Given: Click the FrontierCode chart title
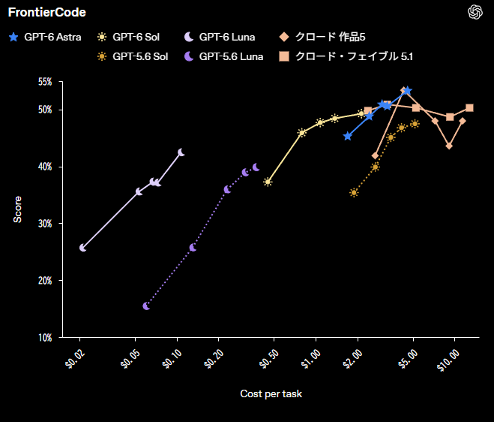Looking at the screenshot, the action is pyautogui.click(x=47, y=12).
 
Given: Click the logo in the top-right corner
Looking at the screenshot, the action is pyautogui.click(x=475, y=12).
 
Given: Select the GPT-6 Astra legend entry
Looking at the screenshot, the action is pyautogui.click(x=45, y=37).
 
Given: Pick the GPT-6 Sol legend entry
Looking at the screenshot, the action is pyautogui.click(x=128, y=37).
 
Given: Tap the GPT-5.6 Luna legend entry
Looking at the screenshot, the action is pyautogui.click(x=223, y=56).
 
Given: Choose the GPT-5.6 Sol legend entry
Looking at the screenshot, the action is pyautogui.click(x=133, y=56).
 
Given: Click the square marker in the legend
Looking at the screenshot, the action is pyautogui.click(x=284, y=56).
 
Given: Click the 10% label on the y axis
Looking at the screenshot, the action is pyautogui.click(x=45, y=338).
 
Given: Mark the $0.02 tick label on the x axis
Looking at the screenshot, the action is pyautogui.click(x=75, y=359).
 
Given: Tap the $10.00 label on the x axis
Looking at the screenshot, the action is pyautogui.click(x=448, y=360).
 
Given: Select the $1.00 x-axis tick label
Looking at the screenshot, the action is pyautogui.click(x=310, y=359).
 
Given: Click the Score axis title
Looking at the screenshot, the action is pyautogui.click(x=17, y=209).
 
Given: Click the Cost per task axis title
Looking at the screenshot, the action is pyautogui.click(x=271, y=393).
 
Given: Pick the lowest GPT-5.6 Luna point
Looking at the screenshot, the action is pyautogui.click(x=146, y=306).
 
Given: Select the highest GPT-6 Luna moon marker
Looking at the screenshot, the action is pyautogui.click(x=181, y=152).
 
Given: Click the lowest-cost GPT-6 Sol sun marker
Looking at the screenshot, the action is pyautogui.click(x=268, y=182).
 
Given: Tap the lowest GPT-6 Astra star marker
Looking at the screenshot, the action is pyautogui.click(x=348, y=137).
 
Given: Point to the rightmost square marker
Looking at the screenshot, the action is pyautogui.click(x=469, y=108).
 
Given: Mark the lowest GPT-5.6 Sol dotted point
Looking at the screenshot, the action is pyautogui.click(x=354, y=192).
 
